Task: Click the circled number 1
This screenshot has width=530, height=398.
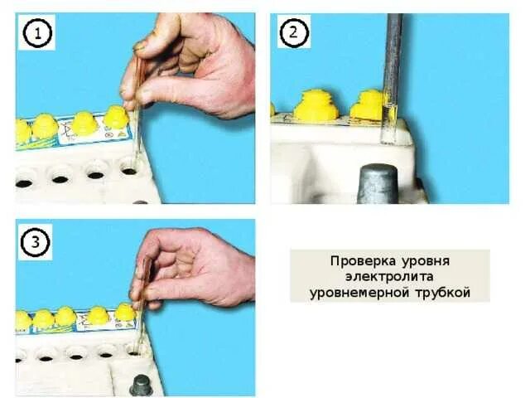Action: click(36, 33)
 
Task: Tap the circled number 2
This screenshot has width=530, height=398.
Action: click(293, 32)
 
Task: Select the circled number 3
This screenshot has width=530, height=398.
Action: click(35, 243)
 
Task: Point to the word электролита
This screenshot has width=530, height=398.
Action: click(389, 276)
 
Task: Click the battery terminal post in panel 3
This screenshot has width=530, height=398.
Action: click(142, 385)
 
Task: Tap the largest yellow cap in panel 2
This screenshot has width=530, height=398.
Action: click(316, 105)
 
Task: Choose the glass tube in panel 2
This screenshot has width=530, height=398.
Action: click(390, 79)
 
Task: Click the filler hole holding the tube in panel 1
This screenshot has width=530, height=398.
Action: click(129, 169)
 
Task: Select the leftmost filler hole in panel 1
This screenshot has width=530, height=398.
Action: click(24, 183)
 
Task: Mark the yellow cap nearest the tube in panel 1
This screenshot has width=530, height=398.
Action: click(116, 117)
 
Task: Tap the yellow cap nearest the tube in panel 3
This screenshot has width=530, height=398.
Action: click(125, 312)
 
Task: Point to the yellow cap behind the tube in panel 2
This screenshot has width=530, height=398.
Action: click(367, 105)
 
